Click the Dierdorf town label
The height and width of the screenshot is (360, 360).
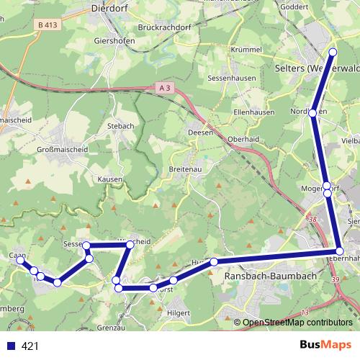112,9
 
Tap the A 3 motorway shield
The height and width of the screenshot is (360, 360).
164,88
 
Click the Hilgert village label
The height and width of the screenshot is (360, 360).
177,312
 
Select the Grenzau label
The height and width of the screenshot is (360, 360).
111,328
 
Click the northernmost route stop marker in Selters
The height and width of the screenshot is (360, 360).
333,52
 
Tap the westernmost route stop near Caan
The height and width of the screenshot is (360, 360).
20,261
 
